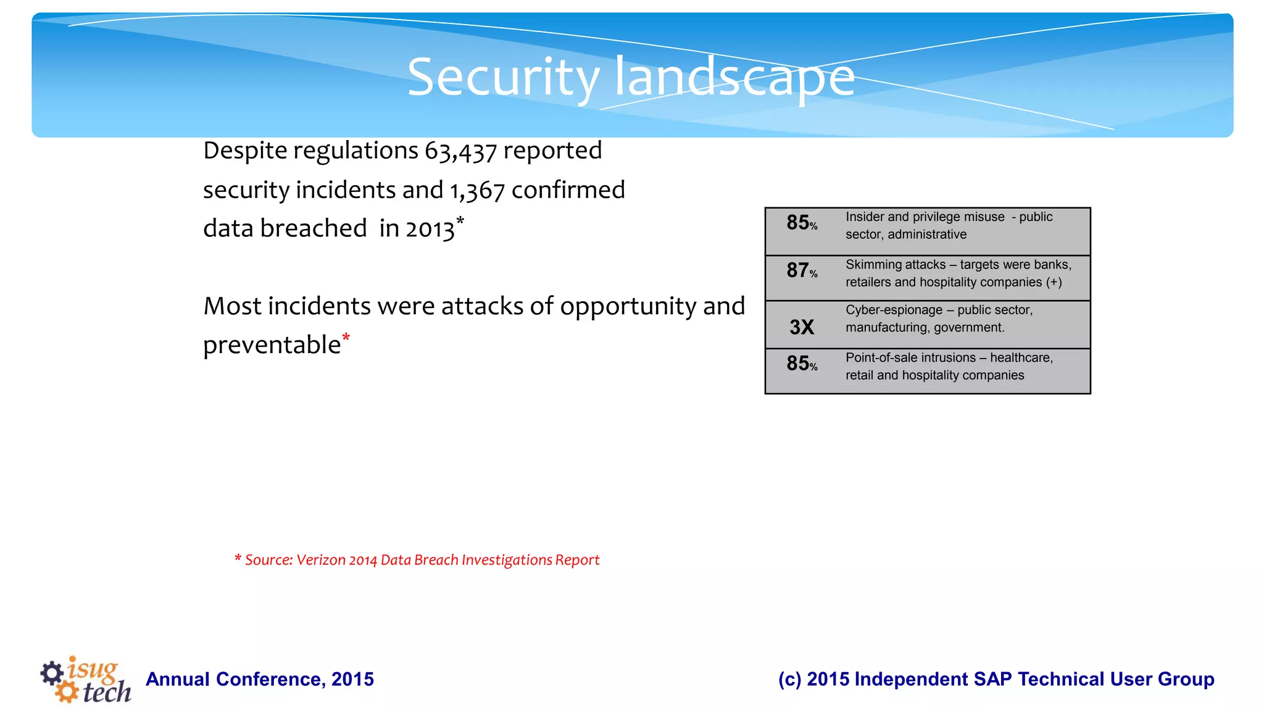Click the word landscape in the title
pos(734,77)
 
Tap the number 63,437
pos(460,151)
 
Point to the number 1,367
pos(477,191)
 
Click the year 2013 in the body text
pos(430,230)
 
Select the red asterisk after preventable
pos(346,338)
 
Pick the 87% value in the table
pos(801,270)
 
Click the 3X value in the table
pos(802,327)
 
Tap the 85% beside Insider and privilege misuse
pos(801,223)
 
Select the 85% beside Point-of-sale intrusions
pos(801,364)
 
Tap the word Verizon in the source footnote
pos(320,560)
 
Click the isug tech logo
pos(86,680)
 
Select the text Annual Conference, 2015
pos(260,679)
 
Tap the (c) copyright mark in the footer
pos(789,679)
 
